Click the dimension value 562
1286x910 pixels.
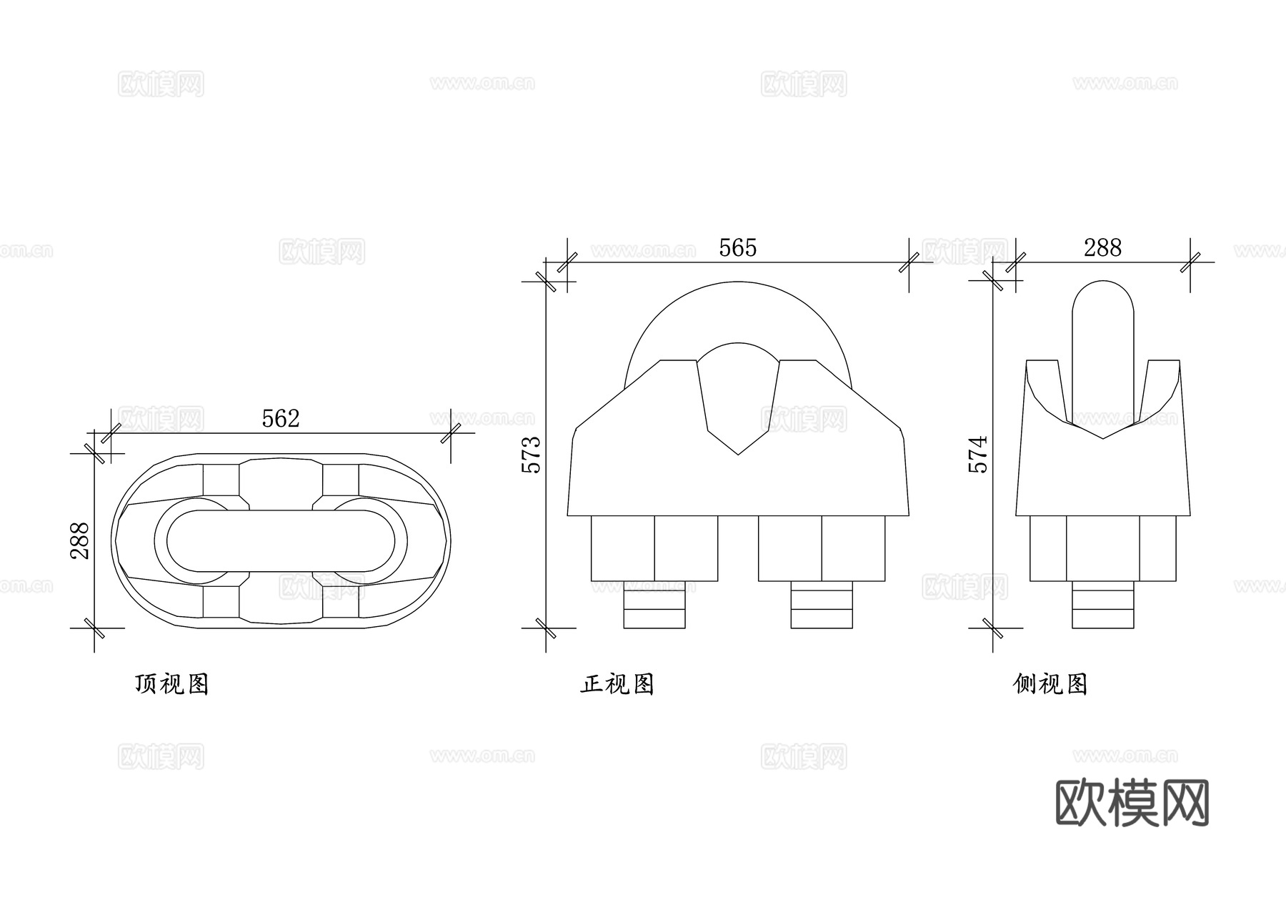(x=280, y=418)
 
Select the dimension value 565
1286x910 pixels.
(x=737, y=247)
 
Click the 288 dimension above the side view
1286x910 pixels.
(x=1102, y=247)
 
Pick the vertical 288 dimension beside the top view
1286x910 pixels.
(x=80, y=540)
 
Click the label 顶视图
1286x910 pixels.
(x=171, y=684)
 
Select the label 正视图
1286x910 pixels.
(x=617, y=684)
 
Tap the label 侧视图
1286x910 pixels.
(x=1050, y=684)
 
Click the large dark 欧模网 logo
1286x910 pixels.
(x=1132, y=802)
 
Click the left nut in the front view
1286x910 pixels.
(x=654, y=548)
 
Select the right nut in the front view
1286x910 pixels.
(x=822, y=548)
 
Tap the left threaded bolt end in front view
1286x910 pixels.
(x=654, y=605)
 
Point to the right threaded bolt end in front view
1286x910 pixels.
(x=822, y=605)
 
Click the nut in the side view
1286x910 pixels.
(x=1102, y=548)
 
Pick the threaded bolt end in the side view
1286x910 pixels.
(x=1102, y=605)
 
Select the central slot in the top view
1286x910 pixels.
(x=280, y=540)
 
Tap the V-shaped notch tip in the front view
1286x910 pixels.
(x=738, y=452)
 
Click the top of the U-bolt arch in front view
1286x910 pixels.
(x=738, y=283)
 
